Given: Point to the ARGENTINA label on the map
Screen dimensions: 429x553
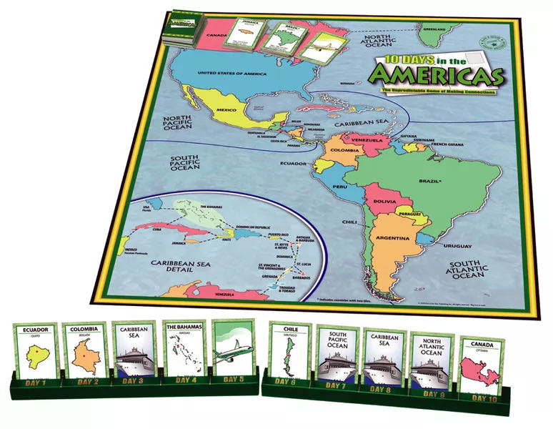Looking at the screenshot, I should [393, 237].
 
